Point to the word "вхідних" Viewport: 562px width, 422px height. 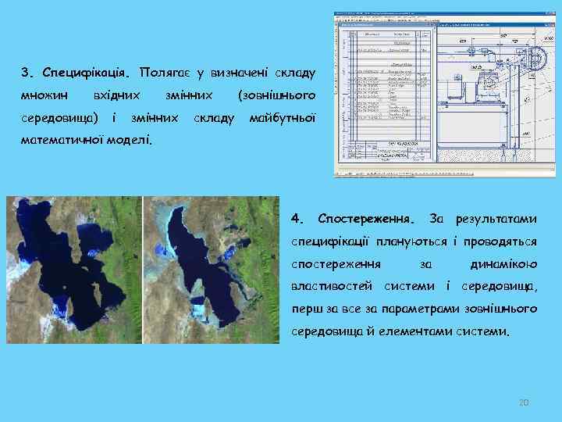tap(116, 95)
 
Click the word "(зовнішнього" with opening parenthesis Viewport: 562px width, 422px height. tap(276, 95)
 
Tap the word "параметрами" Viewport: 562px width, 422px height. tap(427, 309)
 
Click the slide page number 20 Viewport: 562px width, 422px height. tap(524, 402)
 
